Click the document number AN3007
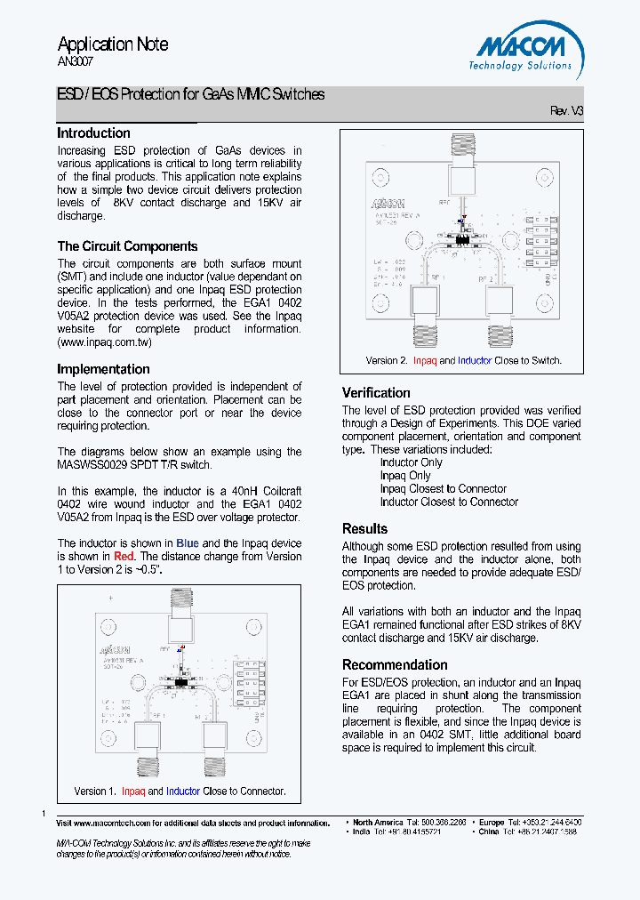(75, 62)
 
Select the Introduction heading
(93, 133)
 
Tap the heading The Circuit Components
(127, 246)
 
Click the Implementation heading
(103, 369)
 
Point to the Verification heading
(376, 393)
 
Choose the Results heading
(364, 529)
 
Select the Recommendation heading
(395, 665)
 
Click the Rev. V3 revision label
(566, 111)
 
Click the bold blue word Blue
(188, 543)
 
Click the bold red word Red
(123, 557)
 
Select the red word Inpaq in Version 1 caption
(133, 792)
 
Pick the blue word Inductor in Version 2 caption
(474, 361)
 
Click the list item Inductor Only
(411, 462)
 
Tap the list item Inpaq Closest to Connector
(443, 489)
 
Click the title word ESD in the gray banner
(69, 94)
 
